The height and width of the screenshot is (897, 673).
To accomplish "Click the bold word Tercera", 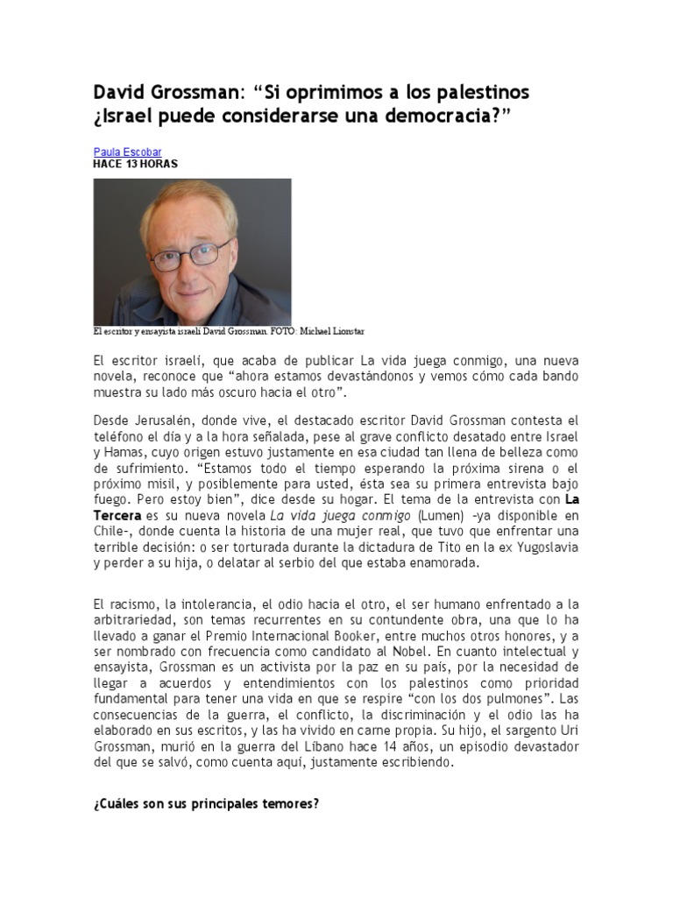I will pos(118,516).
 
